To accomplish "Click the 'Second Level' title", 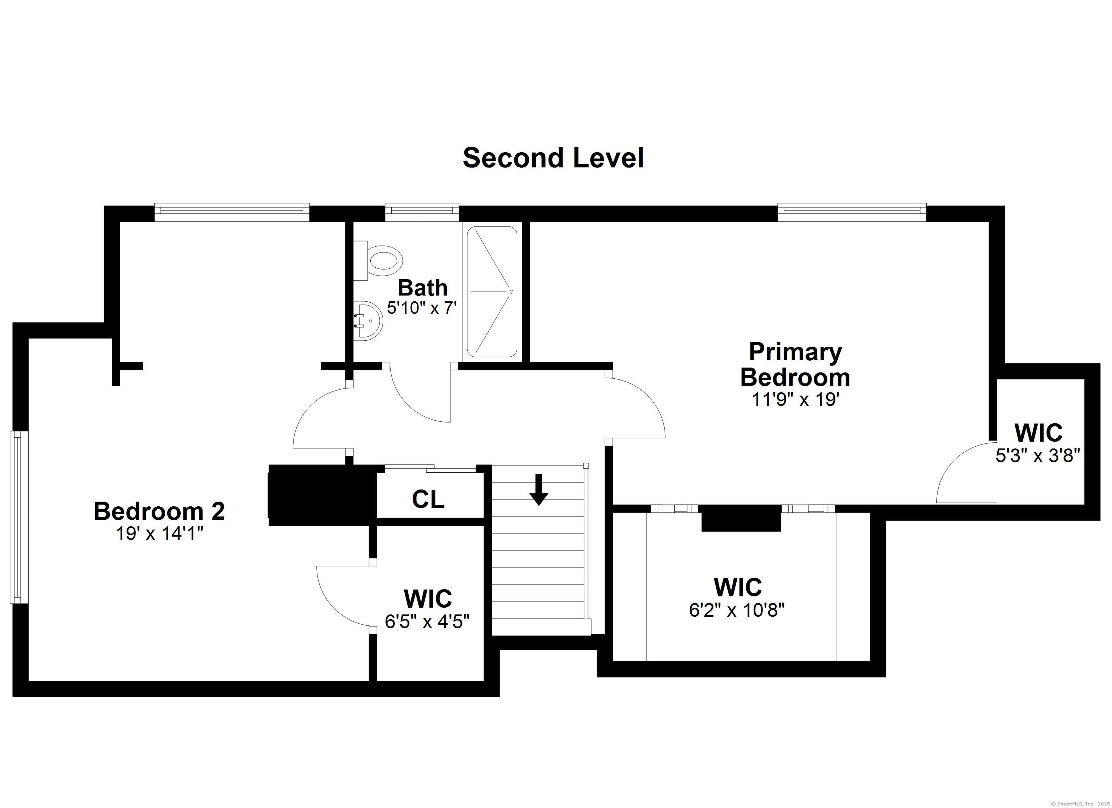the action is coord(553,158).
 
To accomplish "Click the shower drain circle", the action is coord(511,292).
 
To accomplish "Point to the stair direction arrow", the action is coord(539,489).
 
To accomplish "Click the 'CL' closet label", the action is coord(428,499).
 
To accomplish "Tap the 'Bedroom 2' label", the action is coord(159,511).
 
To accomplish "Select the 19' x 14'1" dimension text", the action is coord(159,533).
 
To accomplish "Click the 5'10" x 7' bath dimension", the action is coord(422,308).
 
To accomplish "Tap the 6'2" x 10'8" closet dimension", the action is coord(737,610).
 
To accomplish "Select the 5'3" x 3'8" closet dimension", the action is coord(1038,456).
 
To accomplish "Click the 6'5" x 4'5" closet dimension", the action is coord(427,621).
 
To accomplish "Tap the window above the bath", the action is coord(422,211).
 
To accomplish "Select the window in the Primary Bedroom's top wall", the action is coord(852,211).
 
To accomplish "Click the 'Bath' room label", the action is coord(422,288).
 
